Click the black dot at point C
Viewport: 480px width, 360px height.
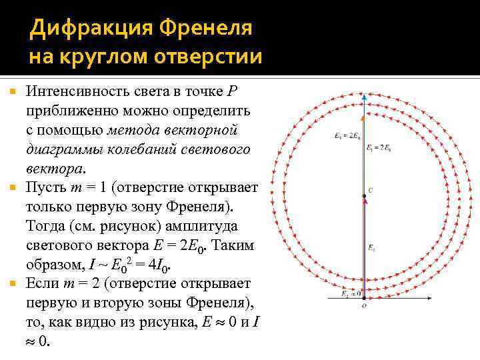click(x=363, y=195)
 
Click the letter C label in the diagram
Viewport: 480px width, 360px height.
click(x=371, y=191)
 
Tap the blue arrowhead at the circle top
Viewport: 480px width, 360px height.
click(x=364, y=97)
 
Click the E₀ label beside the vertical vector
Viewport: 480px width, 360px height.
click(x=371, y=248)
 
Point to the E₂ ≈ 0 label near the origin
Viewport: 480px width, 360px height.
click(x=350, y=293)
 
